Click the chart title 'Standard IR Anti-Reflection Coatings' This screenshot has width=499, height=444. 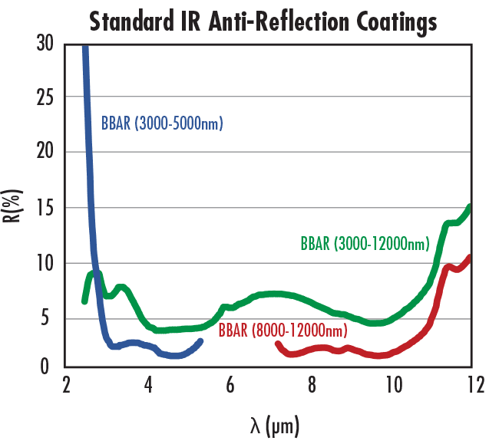click(x=263, y=21)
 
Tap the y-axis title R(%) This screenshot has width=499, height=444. click(x=15, y=206)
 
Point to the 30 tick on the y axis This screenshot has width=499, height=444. click(x=45, y=44)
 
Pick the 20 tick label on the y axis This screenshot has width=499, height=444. click(x=45, y=152)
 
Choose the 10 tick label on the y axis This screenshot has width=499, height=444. click(x=45, y=263)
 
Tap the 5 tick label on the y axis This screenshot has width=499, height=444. click(x=50, y=317)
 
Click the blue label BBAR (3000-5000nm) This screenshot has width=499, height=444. click(x=162, y=123)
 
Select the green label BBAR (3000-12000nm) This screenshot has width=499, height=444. click(x=365, y=245)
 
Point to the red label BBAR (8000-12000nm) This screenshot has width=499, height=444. click(x=283, y=331)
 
